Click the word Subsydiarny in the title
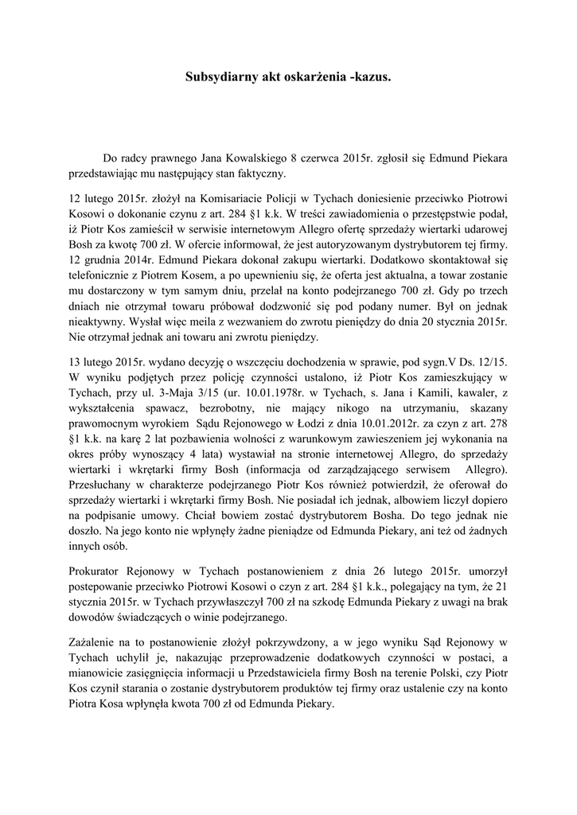tap(222, 78)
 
